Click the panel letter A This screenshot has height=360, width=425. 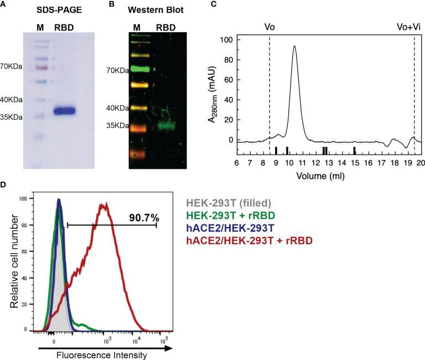click(x=4, y=4)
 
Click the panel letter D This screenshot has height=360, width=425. click(x=4, y=183)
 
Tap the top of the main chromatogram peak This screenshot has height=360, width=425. click(x=294, y=47)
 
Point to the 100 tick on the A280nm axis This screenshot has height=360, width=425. click(x=225, y=40)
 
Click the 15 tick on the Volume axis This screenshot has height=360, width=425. click(x=355, y=163)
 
